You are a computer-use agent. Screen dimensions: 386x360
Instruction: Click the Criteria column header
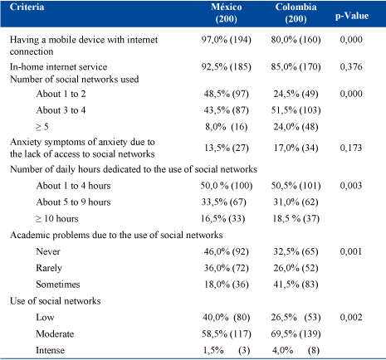27,7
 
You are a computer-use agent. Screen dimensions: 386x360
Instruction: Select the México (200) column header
227,12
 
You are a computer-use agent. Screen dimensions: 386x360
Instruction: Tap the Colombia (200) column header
296,12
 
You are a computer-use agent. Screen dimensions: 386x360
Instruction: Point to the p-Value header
352,16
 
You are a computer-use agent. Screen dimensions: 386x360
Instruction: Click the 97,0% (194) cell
227,40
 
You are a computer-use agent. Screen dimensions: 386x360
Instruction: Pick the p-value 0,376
351,66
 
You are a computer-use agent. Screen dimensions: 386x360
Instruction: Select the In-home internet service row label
58,66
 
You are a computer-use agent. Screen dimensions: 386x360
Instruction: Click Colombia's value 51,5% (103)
296,110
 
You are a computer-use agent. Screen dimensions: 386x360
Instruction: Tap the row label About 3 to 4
61,110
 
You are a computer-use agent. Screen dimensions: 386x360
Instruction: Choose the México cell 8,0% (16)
227,127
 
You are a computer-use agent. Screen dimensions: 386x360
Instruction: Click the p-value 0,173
351,148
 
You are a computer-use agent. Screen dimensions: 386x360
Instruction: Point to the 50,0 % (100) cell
227,186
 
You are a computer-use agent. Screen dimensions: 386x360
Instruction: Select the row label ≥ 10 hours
57,219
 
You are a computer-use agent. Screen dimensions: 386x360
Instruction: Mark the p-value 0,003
351,186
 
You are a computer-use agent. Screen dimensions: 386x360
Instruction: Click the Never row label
48,251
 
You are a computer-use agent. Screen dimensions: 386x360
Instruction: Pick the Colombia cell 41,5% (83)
296,285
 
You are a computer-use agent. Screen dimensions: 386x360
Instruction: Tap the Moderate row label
55,334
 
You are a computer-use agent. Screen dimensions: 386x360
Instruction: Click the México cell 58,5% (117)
227,334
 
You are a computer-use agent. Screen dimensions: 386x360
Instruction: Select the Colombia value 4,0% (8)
296,350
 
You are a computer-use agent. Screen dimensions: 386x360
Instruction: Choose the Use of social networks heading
56,301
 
